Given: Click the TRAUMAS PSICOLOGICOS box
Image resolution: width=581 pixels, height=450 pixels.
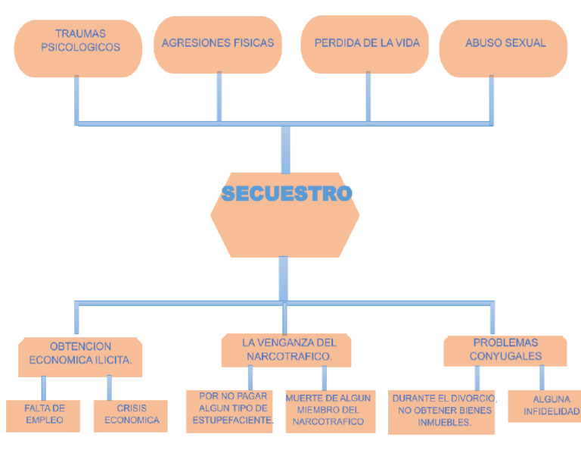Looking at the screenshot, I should [78, 48].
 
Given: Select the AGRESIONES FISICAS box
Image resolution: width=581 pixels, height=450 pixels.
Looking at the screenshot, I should [218, 44].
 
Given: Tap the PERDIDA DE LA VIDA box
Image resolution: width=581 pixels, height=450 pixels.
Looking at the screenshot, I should [367, 44].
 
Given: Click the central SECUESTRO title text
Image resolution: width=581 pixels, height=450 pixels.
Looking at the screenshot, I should [287, 194].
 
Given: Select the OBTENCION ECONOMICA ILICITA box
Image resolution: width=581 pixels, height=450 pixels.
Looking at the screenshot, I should [80, 355].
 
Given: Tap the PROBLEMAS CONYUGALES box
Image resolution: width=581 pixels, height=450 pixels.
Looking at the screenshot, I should [505, 349].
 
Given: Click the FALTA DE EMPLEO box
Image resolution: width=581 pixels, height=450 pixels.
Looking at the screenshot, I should [43, 414].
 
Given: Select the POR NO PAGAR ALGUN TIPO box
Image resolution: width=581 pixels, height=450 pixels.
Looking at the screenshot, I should [230, 410].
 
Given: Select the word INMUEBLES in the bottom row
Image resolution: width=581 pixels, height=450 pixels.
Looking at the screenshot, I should [445, 423].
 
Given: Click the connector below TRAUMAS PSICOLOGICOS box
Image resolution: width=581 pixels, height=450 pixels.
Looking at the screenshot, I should [76, 98].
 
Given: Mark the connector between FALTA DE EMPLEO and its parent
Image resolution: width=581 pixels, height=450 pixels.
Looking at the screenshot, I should [44, 387].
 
